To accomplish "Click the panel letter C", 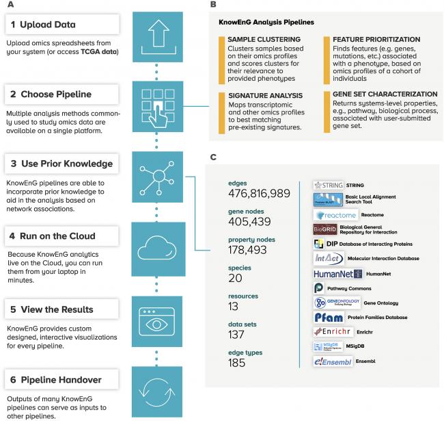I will (212, 157).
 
